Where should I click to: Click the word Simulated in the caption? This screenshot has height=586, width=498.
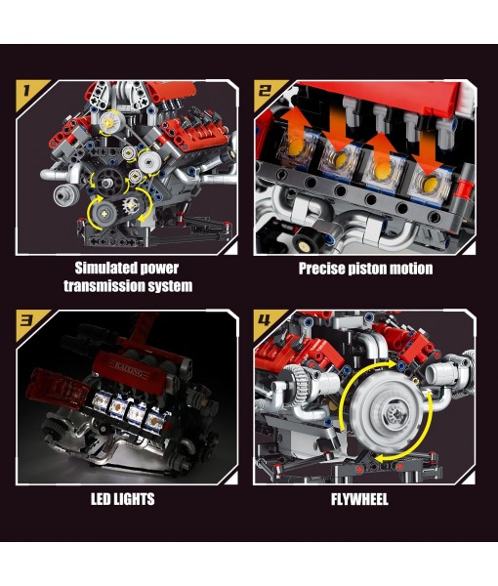pos(104,268)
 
